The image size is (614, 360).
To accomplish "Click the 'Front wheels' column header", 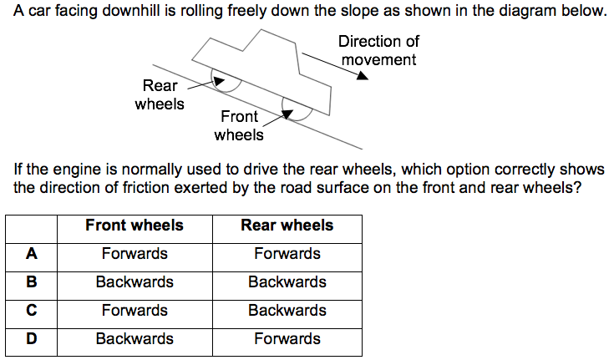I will pyautogui.click(x=134, y=226).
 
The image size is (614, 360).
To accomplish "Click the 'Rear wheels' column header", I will pyautogui.click(x=287, y=226).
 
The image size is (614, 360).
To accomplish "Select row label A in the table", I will pyautogui.click(x=32, y=254).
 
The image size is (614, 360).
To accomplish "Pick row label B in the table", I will pyautogui.click(x=32, y=282).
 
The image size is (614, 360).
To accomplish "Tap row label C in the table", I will pyautogui.click(x=32, y=311).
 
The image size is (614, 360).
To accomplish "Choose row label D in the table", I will pyautogui.click(x=32, y=339).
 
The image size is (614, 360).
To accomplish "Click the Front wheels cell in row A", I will pyautogui.click(x=134, y=254).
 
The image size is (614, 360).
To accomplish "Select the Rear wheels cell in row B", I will pyautogui.click(x=287, y=282).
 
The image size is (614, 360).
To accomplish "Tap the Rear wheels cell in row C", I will pyautogui.click(x=287, y=311).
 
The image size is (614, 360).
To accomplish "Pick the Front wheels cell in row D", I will pyautogui.click(x=134, y=339).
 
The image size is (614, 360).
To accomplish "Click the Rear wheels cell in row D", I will pyautogui.click(x=287, y=339).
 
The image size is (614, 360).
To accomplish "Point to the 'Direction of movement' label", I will pyautogui.click(x=378, y=50).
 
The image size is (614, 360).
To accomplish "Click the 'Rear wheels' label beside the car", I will pyautogui.click(x=160, y=94).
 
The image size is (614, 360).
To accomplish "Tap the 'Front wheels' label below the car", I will pyautogui.click(x=239, y=125).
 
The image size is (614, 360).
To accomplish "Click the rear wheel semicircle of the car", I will pyautogui.click(x=228, y=80).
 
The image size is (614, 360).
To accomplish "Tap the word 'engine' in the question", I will pyautogui.click(x=74, y=170).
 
